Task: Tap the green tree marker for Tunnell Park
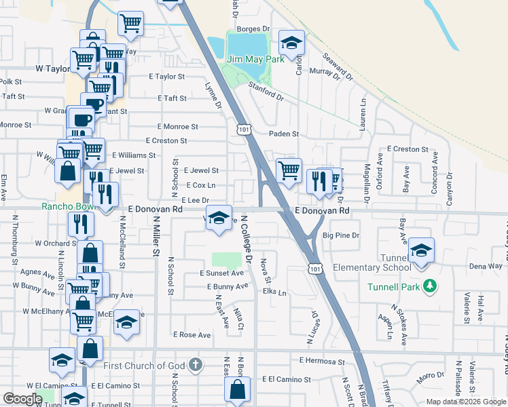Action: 429,287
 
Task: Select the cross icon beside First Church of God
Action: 196,366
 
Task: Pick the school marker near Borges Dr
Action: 291,44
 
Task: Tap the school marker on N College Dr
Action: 219,218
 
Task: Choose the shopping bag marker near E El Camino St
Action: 237,390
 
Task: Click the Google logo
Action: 22,399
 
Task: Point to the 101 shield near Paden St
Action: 242,129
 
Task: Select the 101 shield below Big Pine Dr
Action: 314,269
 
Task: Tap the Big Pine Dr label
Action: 340,236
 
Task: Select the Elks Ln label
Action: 274,292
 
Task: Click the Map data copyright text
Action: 466,402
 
